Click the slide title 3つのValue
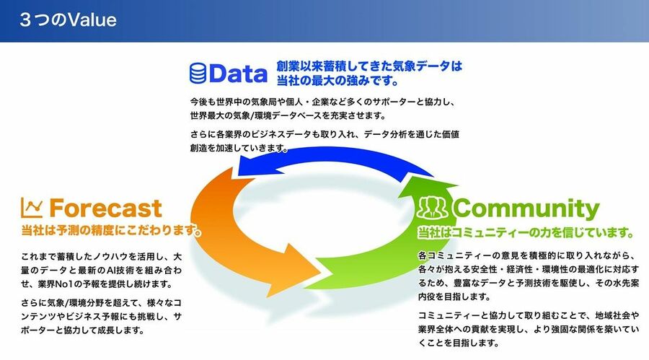coord(69,20)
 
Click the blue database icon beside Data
coord(198,74)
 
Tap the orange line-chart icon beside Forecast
coord(32,208)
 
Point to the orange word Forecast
coord(105,208)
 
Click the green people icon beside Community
coord(432,207)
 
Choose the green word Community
coord(526,208)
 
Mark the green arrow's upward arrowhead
coord(428,185)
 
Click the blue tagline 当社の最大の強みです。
coord(337,80)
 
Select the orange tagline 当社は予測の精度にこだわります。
coord(111,230)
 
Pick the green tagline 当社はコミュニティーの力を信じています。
coord(526,232)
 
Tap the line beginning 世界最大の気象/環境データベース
coord(288,115)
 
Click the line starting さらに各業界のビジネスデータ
coord(324,134)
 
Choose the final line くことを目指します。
coord(459,343)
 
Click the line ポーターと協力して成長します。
coord(82,330)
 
